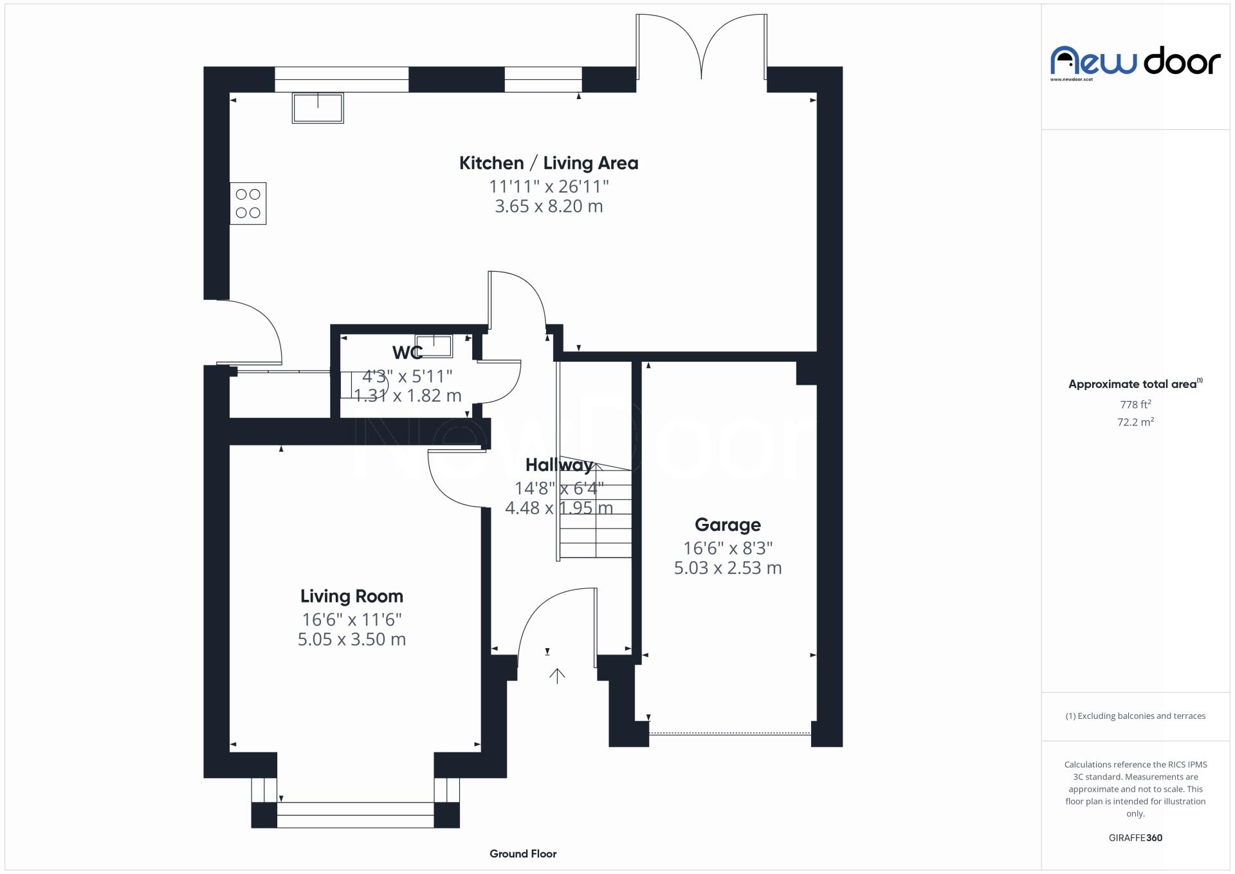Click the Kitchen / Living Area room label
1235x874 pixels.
click(x=548, y=163)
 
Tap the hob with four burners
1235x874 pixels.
click(x=248, y=203)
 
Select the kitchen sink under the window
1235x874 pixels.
click(x=318, y=107)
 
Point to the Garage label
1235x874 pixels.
click(x=727, y=525)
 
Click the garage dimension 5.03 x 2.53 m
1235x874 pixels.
click(x=727, y=568)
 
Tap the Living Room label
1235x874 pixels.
click(x=351, y=597)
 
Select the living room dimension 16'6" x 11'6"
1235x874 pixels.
click(x=351, y=620)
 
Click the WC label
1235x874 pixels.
click(x=407, y=353)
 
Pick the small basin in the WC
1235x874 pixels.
click(x=434, y=346)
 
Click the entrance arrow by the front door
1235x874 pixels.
click(x=557, y=675)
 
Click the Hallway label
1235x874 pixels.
click(x=558, y=465)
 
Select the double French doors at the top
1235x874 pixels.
click(x=701, y=48)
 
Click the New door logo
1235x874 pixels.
click(x=1135, y=62)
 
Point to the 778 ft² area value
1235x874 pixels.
click(x=1135, y=405)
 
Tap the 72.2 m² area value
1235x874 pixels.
click(x=1135, y=422)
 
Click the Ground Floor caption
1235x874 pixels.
click(x=522, y=854)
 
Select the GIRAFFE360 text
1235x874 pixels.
click(x=1135, y=838)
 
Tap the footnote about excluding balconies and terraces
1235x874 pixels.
click(x=1135, y=716)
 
